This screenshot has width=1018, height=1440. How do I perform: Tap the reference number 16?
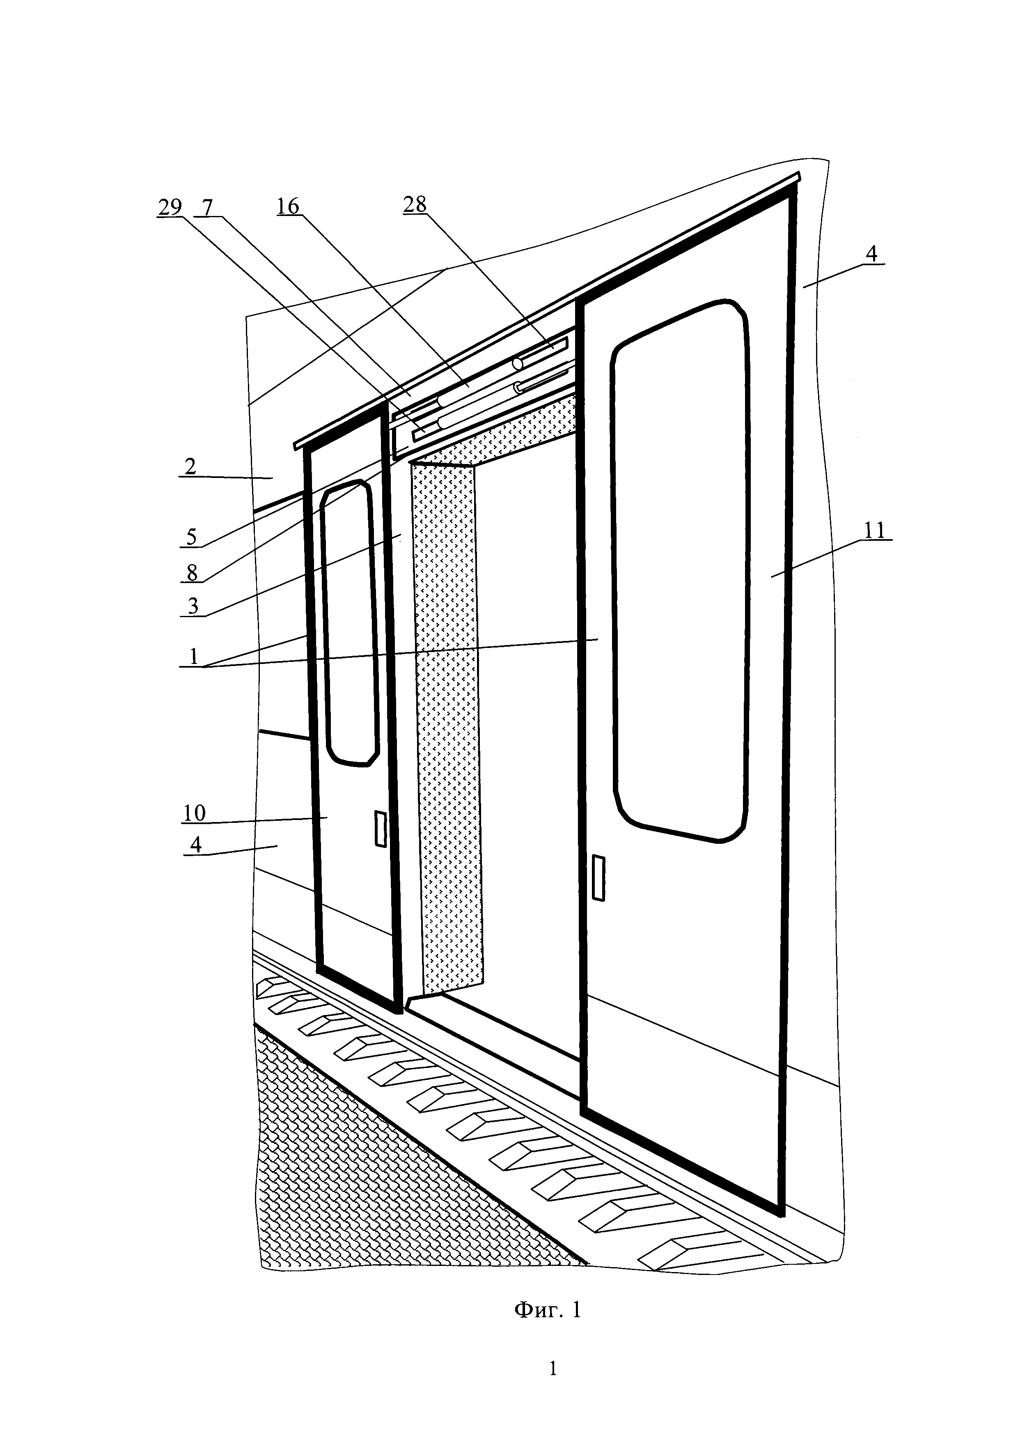[288, 207]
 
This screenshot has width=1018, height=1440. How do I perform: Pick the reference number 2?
[190, 466]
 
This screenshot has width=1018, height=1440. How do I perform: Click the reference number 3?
[193, 606]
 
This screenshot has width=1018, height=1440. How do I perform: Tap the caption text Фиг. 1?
[547, 1310]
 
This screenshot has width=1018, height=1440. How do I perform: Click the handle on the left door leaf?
[380, 829]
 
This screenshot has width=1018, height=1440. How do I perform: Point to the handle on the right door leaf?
[598, 878]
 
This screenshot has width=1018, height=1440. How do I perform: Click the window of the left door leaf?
[350, 624]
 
